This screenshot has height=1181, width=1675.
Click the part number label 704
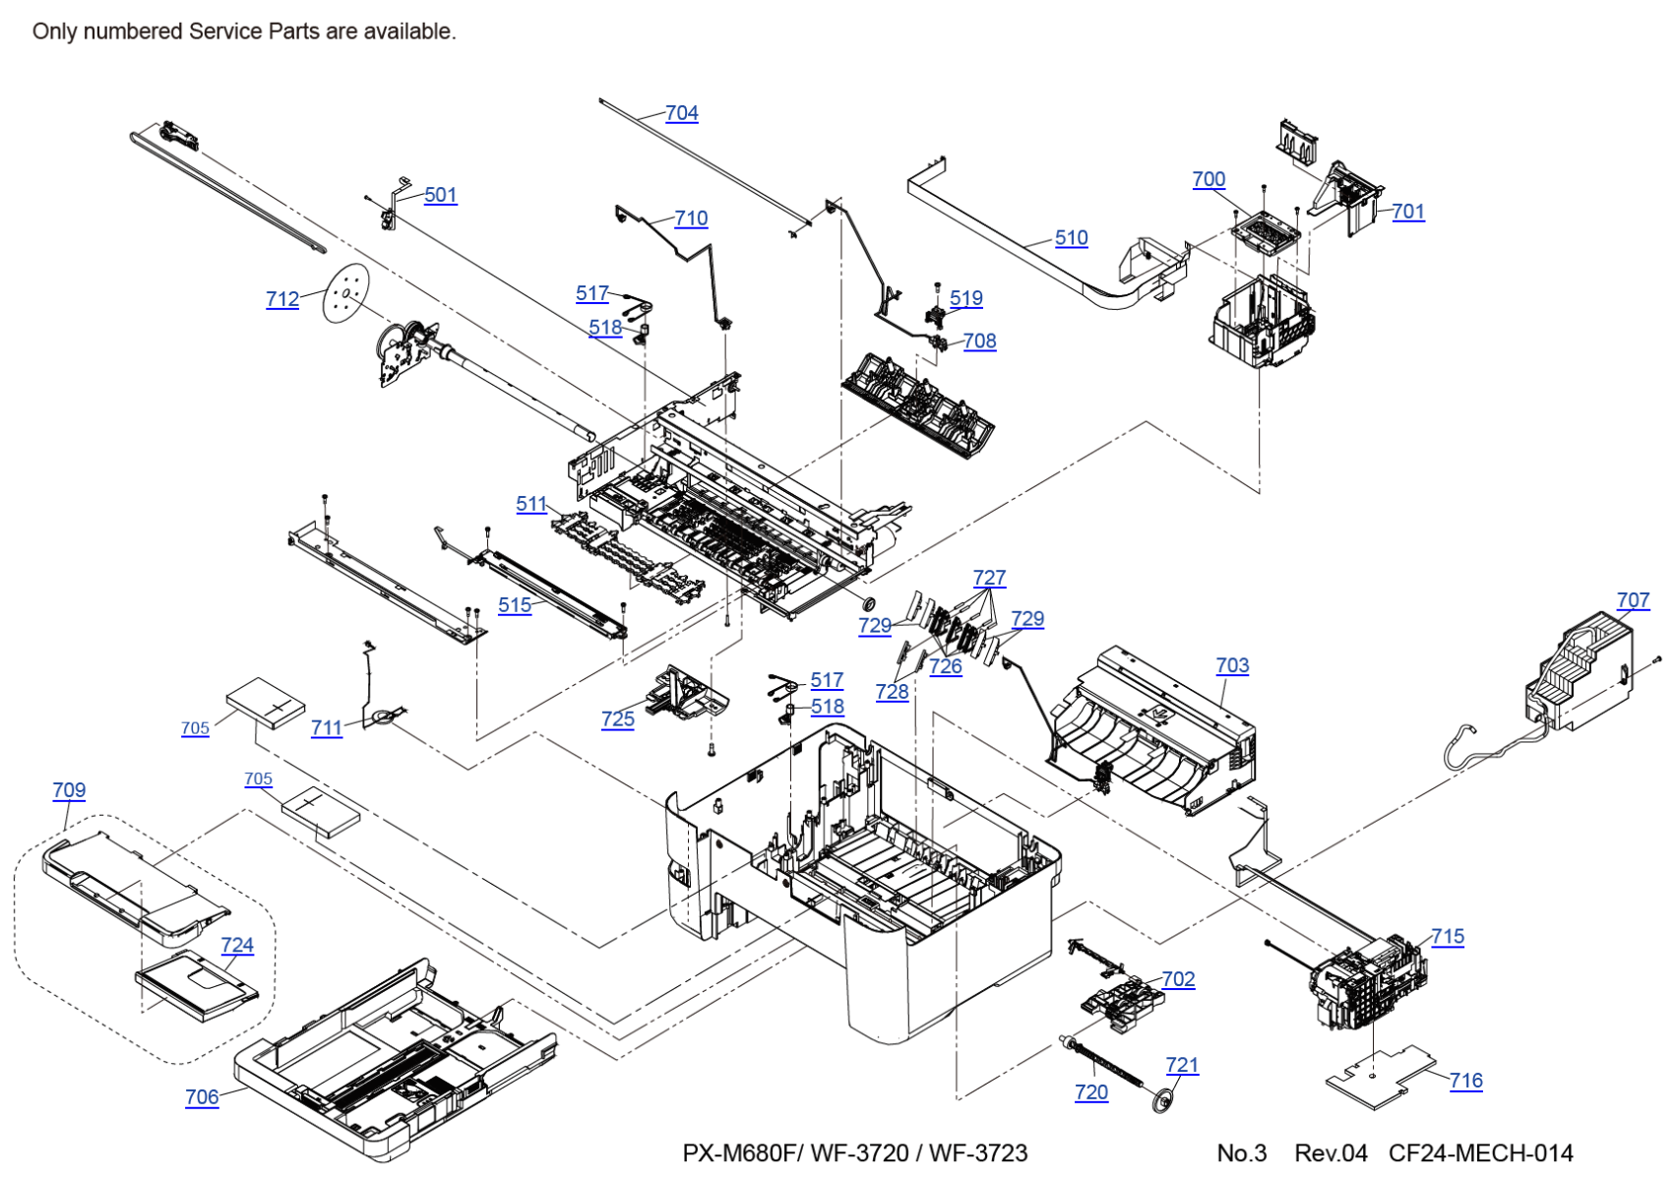click(681, 113)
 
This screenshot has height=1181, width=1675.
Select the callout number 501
click(440, 195)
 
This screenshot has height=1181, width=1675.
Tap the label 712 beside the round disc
click(282, 299)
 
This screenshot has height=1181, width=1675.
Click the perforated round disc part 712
click(345, 292)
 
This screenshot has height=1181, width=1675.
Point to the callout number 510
click(1071, 237)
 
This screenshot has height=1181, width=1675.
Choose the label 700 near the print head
click(1209, 179)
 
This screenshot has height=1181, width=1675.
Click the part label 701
click(1407, 212)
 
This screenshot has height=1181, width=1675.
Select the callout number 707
click(1633, 600)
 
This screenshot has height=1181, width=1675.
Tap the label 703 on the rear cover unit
click(1232, 665)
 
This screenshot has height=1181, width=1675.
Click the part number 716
click(1465, 1081)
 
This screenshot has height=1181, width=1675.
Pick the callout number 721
click(1182, 1065)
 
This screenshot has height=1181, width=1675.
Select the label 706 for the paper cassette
click(202, 1096)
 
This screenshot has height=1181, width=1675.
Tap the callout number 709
click(69, 790)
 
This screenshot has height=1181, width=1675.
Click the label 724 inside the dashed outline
click(237, 945)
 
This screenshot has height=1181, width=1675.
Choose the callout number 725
click(618, 719)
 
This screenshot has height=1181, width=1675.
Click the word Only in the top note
click(54, 31)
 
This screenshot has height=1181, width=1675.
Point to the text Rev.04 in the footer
click(1331, 1153)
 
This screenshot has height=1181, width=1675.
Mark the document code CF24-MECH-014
click(1480, 1153)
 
